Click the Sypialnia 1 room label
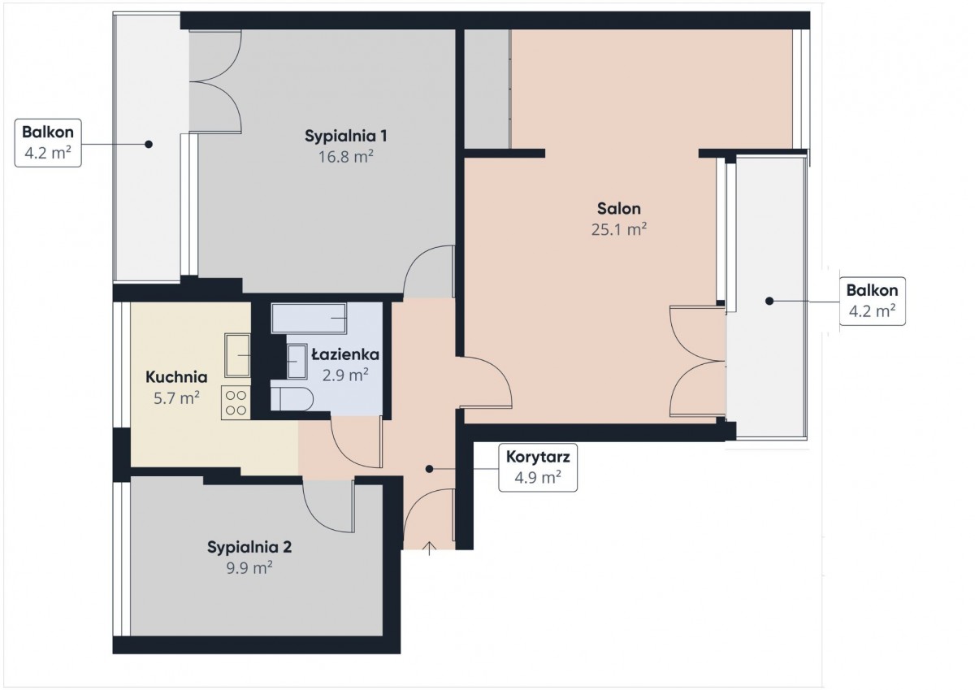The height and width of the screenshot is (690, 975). click(x=345, y=136)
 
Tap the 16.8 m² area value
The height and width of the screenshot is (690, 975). click(x=345, y=156)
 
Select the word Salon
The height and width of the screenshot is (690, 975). click(x=618, y=209)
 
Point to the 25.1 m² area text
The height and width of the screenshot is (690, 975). click(x=618, y=229)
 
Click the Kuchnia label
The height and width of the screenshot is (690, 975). click(x=176, y=377)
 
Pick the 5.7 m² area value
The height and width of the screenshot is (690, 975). click(x=176, y=397)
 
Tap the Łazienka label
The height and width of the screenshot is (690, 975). click(x=345, y=354)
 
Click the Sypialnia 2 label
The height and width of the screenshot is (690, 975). click(x=249, y=547)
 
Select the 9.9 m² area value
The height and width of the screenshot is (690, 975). click(x=249, y=567)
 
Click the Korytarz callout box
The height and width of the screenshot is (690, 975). click(x=538, y=468)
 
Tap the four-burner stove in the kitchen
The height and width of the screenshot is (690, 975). click(x=236, y=402)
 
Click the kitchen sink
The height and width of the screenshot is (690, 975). click(x=237, y=356)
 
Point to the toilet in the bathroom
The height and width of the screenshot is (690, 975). click(x=292, y=399)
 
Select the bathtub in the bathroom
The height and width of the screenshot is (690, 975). click(x=309, y=319)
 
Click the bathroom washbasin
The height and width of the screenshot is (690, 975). click(x=297, y=362)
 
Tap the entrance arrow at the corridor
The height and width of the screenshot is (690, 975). click(x=429, y=549)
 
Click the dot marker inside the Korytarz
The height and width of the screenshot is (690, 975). click(x=429, y=469)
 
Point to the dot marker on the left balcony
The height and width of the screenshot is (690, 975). click(x=149, y=144)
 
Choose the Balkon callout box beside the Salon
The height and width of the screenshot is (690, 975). click(x=872, y=301)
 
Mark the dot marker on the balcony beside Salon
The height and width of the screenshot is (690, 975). click(x=769, y=301)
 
